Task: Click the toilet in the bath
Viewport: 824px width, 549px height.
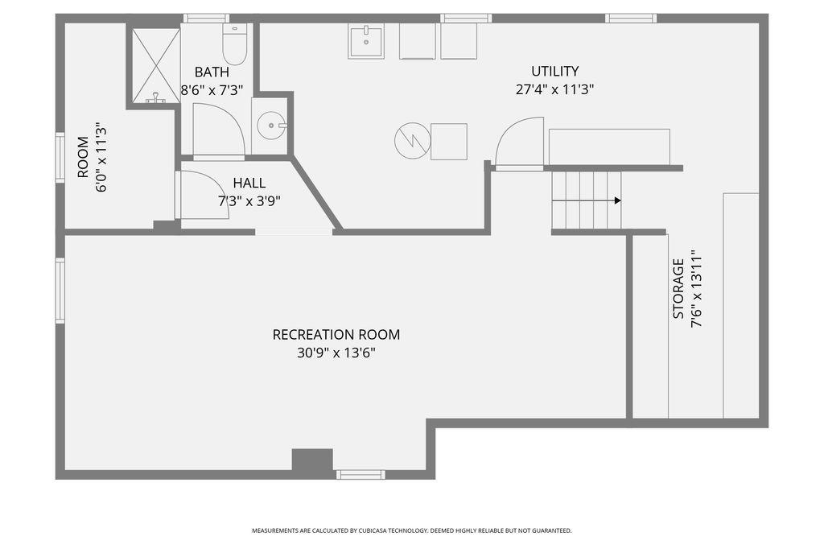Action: click(x=234, y=44)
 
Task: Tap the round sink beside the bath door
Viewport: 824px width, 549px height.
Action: click(x=271, y=126)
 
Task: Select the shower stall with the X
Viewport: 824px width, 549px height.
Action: click(x=155, y=66)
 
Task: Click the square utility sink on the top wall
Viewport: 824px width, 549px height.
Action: click(x=366, y=41)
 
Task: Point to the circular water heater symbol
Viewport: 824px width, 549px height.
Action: click(x=413, y=140)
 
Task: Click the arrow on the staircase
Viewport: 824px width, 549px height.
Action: click(x=587, y=200)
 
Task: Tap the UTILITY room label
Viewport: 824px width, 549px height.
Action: click(x=555, y=71)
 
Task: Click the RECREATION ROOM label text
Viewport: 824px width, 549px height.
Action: click(x=336, y=334)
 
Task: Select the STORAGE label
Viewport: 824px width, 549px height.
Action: click(x=678, y=289)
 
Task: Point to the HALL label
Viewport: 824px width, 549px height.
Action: click(x=249, y=183)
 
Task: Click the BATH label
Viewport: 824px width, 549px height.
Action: click(x=212, y=72)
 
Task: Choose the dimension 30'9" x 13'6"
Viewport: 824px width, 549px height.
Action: click(x=336, y=353)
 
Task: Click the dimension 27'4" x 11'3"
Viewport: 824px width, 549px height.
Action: click(x=555, y=89)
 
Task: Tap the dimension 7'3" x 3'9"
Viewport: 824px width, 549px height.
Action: click(x=249, y=201)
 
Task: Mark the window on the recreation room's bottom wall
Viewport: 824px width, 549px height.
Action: click(x=360, y=475)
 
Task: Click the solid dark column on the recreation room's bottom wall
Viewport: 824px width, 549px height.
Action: click(x=312, y=460)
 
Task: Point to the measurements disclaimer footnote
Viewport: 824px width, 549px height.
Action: click(x=411, y=530)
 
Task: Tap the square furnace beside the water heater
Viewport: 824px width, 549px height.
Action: click(x=449, y=142)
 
